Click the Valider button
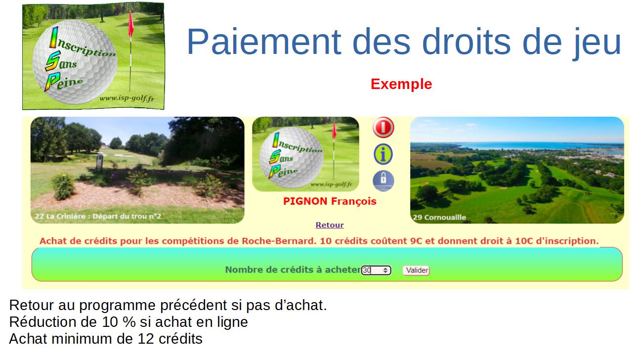pyautogui.click(x=416, y=270)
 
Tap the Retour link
pyautogui.click(x=330, y=225)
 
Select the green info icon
pyautogui.click(x=383, y=154)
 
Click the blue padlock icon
pyautogui.click(x=383, y=180)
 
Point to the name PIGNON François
pyautogui.click(x=330, y=201)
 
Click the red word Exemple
pyautogui.click(x=401, y=84)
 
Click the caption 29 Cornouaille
pyautogui.click(x=439, y=217)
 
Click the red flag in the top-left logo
pyautogui.click(x=131, y=25)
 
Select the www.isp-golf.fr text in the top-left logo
pyautogui.click(x=127, y=98)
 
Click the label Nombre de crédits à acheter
pyautogui.click(x=293, y=270)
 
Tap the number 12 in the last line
pyautogui.click(x=146, y=339)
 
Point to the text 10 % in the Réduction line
pyautogui.click(x=119, y=322)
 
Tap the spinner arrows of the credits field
pyautogui.click(x=385, y=270)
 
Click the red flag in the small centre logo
pyautogui.click(x=335, y=131)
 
